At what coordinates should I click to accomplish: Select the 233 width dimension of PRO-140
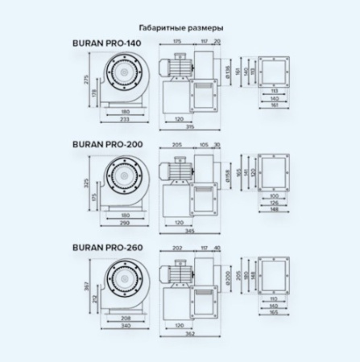pyautogui.click(x=125, y=118)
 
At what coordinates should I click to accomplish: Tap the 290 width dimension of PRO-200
pyautogui.click(x=125, y=222)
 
